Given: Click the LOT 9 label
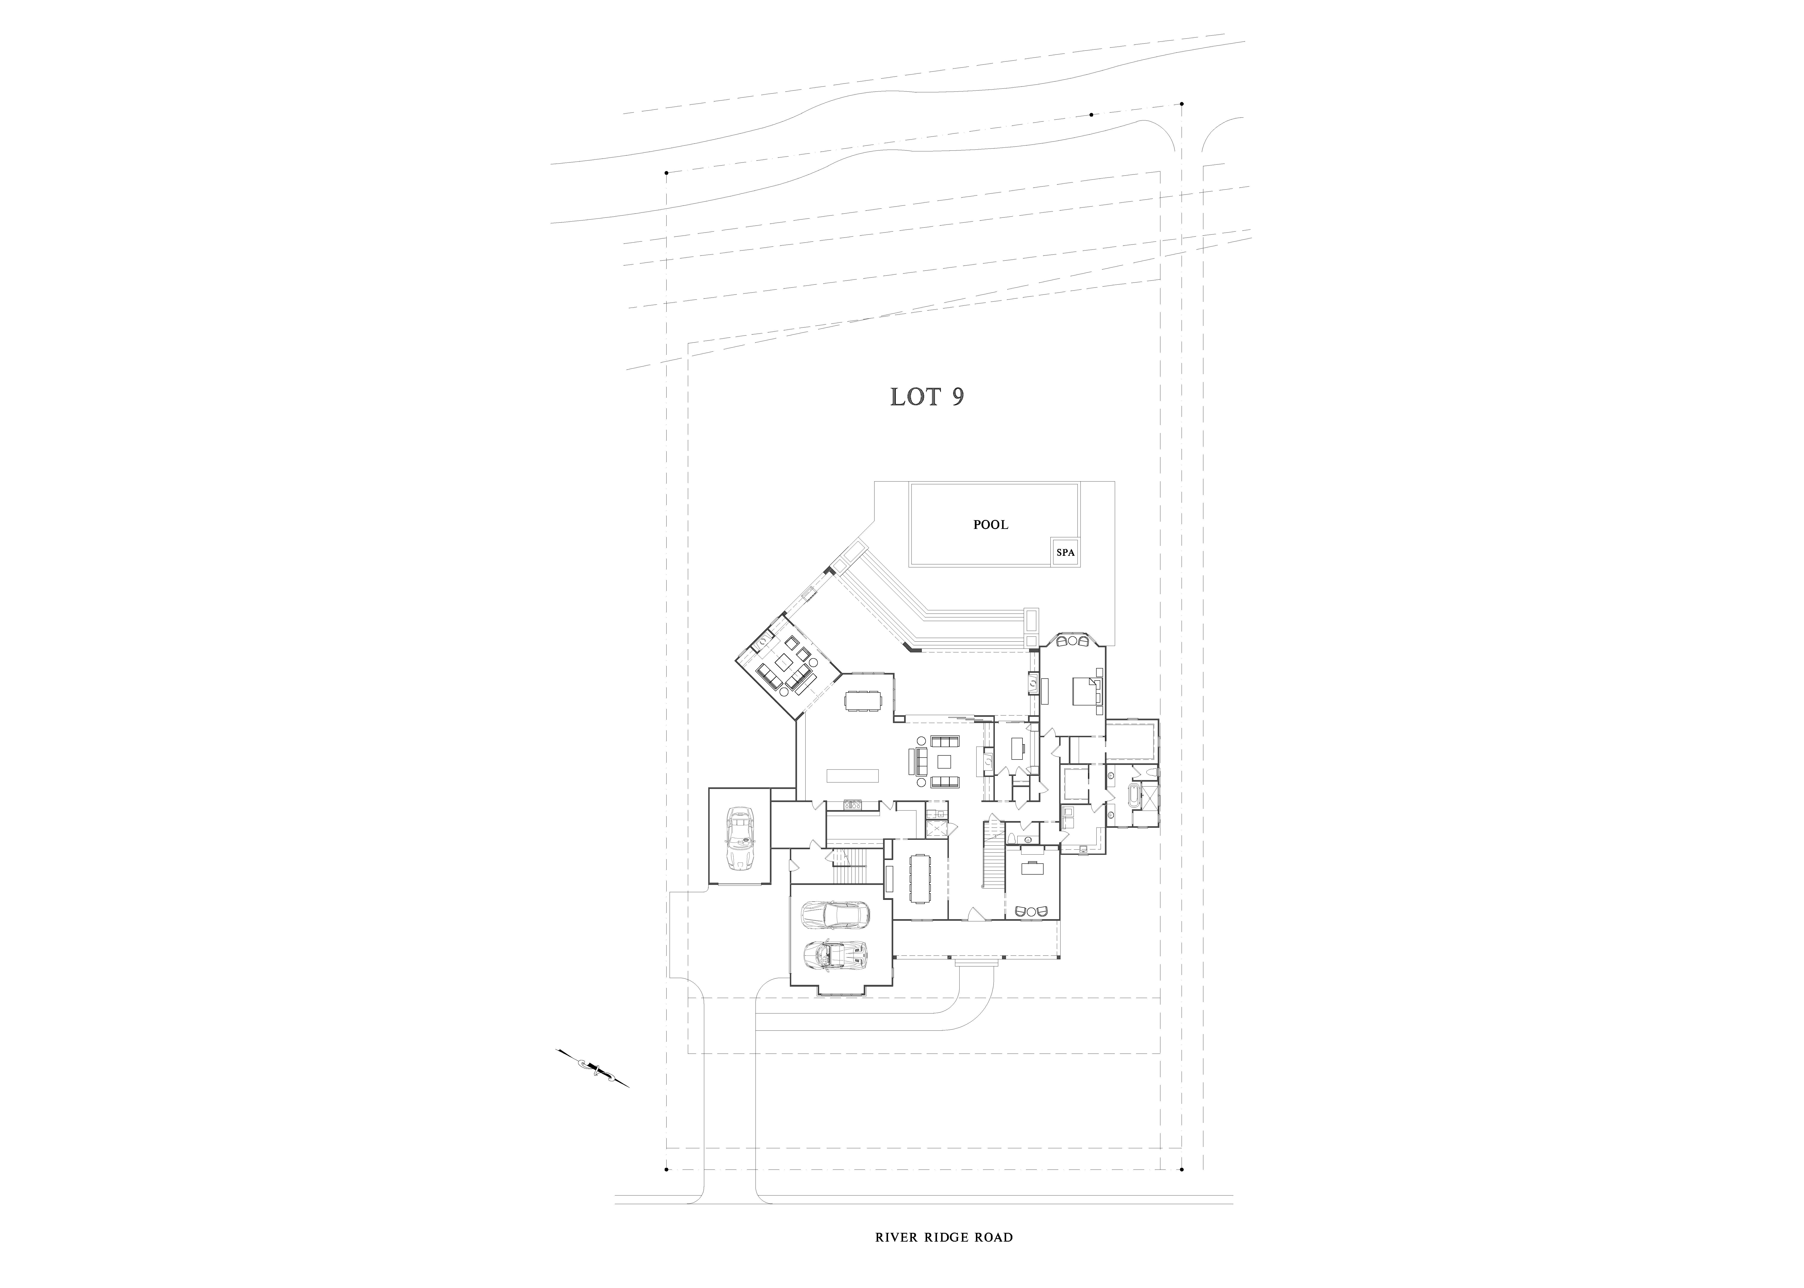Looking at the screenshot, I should pos(927,396).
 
